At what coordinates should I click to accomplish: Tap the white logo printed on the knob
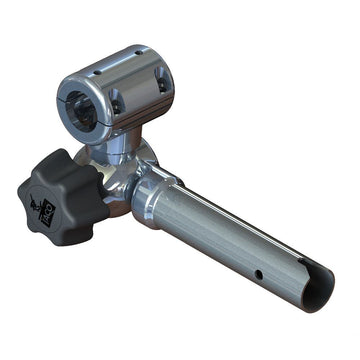(43, 211)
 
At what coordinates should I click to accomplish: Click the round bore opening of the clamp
(82, 104)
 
